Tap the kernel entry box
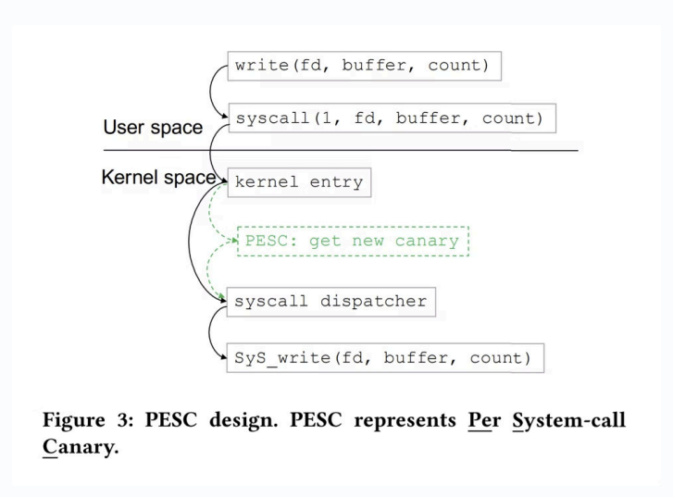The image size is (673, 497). point(299,182)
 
